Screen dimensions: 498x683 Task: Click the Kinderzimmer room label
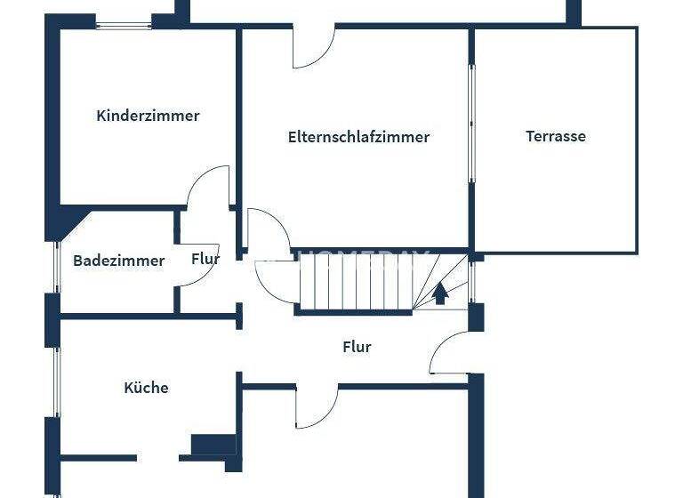(x=148, y=116)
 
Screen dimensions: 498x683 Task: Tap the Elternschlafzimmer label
(x=358, y=137)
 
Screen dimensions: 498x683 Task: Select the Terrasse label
(x=556, y=136)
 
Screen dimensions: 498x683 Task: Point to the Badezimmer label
(x=119, y=261)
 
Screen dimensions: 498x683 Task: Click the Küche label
(x=146, y=388)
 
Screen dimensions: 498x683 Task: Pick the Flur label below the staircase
(x=357, y=347)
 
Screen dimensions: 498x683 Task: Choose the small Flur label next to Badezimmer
(x=205, y=260)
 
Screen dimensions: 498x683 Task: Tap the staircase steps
(x=356, y=280)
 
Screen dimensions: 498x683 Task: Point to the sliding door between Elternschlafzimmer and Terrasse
(x=472, y=124)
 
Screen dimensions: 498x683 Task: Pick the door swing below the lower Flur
(x=316, y=406)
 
